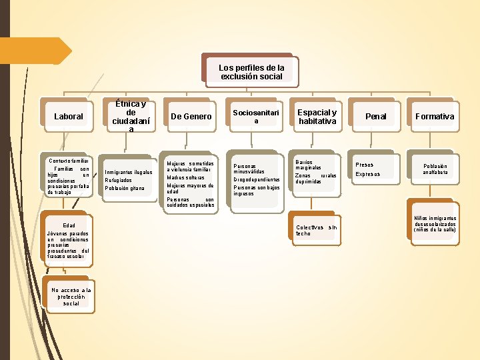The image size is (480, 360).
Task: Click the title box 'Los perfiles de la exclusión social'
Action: (x=251, y=72)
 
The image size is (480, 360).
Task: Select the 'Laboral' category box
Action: (x=69, y=117)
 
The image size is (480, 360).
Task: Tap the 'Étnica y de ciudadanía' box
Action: (x=131, y=117)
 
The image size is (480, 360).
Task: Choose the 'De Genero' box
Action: (x=191, y=117)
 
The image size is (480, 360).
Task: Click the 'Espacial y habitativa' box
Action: (x=317, y=117)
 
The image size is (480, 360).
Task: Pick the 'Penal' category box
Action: (x=376, y=117)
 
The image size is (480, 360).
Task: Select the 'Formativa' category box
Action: (x=435, y=117)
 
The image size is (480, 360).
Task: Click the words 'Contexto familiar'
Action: (x=67, y=160)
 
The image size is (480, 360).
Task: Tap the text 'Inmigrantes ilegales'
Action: (x=129, y=172)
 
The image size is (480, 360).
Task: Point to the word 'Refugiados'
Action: (x=119, y=180)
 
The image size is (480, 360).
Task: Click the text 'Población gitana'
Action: (x=125, y=188)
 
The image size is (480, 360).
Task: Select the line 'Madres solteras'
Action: (x=185, y=177)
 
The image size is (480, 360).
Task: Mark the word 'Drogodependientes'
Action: (x=257, y=179)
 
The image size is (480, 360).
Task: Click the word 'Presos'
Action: (x=365, y=165)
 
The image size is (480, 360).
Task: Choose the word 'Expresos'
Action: (x=368, y=174)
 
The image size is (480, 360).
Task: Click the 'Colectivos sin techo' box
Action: (x=317, y=230)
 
